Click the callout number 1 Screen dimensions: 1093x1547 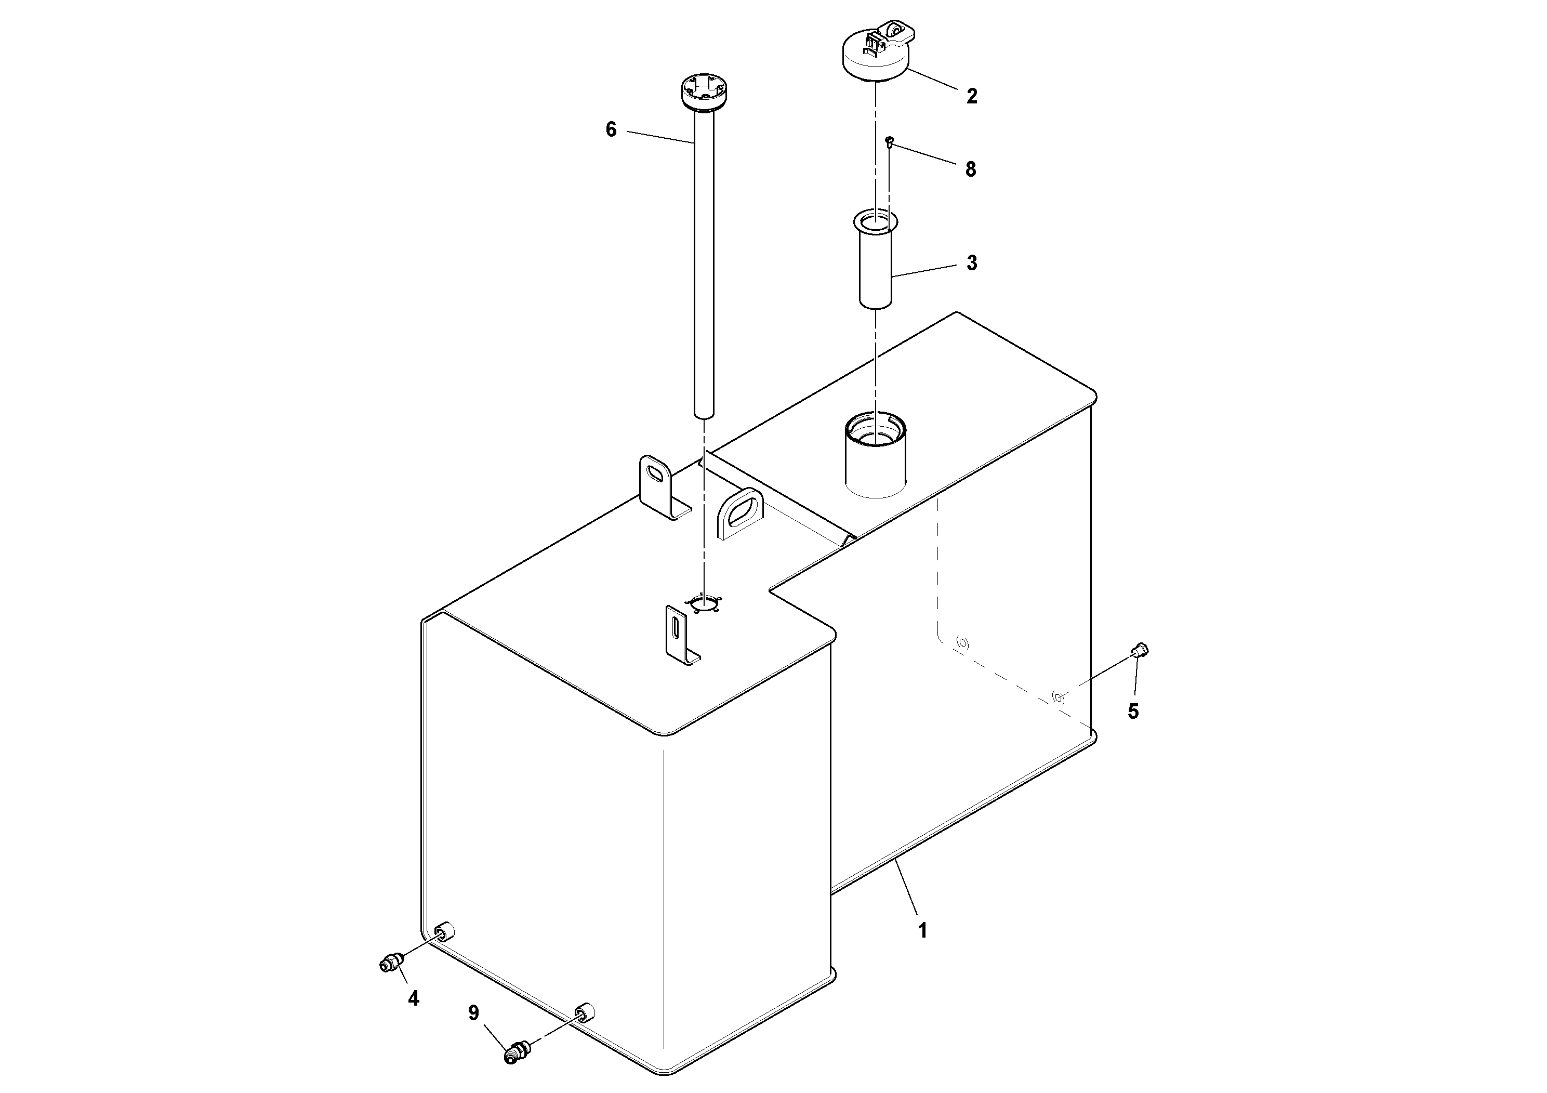pyautogui.click(x=922, y=931)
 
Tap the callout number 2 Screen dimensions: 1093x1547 pyautogui.click(x=971, y=96)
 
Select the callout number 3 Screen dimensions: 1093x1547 pyautogui.click(x=971, y=264)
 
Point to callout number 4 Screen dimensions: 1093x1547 pyautogui.click(x=413, y=998)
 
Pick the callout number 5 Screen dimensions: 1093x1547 pyautogui.click(x=1133, y=712)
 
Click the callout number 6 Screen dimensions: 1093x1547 pyautogui.click(x=611, y=129)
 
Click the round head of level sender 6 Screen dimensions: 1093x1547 pyautogui.click(x=702, y=93)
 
